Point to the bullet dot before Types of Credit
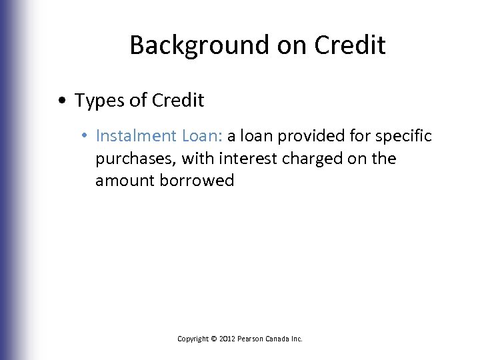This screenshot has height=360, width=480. point(61,101)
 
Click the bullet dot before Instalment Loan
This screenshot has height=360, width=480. point(88,137)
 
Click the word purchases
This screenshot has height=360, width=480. point(129,159)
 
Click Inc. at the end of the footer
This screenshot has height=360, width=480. point(298,339)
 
